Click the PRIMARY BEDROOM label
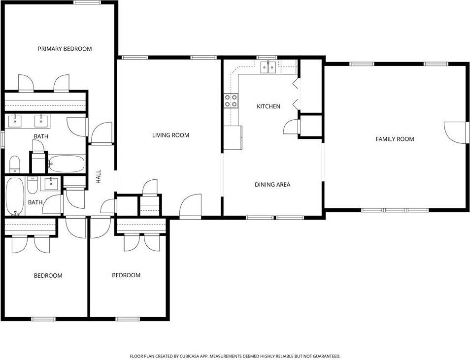click(x=65, y=49)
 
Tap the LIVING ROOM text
click(x=170, y=135)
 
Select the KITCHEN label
click(x=269, y=106)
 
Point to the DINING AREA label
click(x=272, y=185)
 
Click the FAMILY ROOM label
click(x=395, y=139)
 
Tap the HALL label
click(x=99, y=177)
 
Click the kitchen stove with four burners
click(x=231, y=101)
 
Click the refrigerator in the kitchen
click(x=233, y=137)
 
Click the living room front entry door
click(x=191, y=206)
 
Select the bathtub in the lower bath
click(x=15, y=196)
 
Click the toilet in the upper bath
click(x=15, y=163)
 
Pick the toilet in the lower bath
click(x=33, y=185)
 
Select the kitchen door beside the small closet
click(x=292, y=127)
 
